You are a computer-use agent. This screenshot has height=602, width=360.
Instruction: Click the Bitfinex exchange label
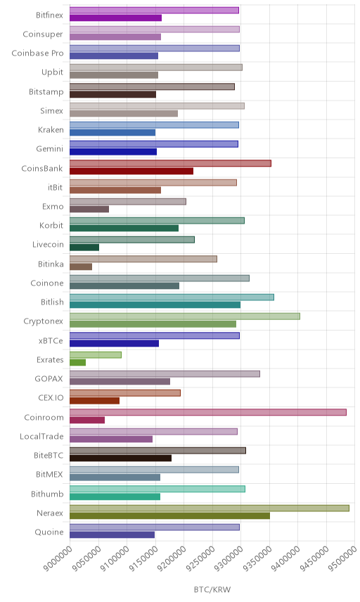pos(49,15)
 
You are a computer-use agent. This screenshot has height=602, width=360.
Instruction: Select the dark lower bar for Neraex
pos(169,515)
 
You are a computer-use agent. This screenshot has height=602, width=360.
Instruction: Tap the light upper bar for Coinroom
pos(208,412)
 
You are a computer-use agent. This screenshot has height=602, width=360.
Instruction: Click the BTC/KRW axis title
pos(212,590)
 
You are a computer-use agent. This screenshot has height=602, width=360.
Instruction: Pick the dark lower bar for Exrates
pos(77,362)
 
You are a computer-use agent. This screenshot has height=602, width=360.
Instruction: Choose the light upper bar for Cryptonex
pos(185,316)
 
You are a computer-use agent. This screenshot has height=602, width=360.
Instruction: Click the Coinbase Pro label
pos(37,53)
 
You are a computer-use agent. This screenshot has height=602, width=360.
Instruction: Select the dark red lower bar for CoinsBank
pos(131,171)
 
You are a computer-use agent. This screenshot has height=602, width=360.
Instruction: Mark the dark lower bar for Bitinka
pos(81,267)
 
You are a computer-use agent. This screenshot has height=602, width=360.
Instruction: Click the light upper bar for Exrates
pos(96,354)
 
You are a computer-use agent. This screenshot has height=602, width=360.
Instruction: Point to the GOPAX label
pos(49,379)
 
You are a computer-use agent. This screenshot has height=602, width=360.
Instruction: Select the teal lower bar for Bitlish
pos(155,305)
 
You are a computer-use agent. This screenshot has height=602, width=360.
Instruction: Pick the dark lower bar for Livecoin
pos(84,248)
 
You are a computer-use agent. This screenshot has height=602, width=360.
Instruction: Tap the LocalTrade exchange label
pos(41,437)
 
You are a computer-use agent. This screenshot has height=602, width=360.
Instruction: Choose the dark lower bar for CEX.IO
pos(95,401)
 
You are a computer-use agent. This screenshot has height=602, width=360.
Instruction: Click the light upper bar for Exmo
pos(128,202)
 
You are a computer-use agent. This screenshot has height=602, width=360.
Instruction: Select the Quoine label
pos(49,532)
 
